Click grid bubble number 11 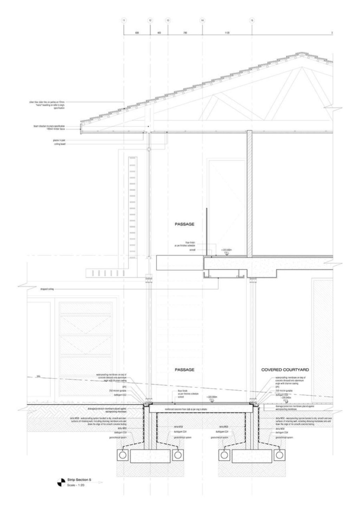click(124, 20)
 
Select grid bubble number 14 click(203, 20)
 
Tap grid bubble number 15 click(251, 20)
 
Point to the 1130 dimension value click(227, 33)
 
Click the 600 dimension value click(137, 33)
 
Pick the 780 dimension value click(185, 33)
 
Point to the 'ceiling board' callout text click(60, 144)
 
